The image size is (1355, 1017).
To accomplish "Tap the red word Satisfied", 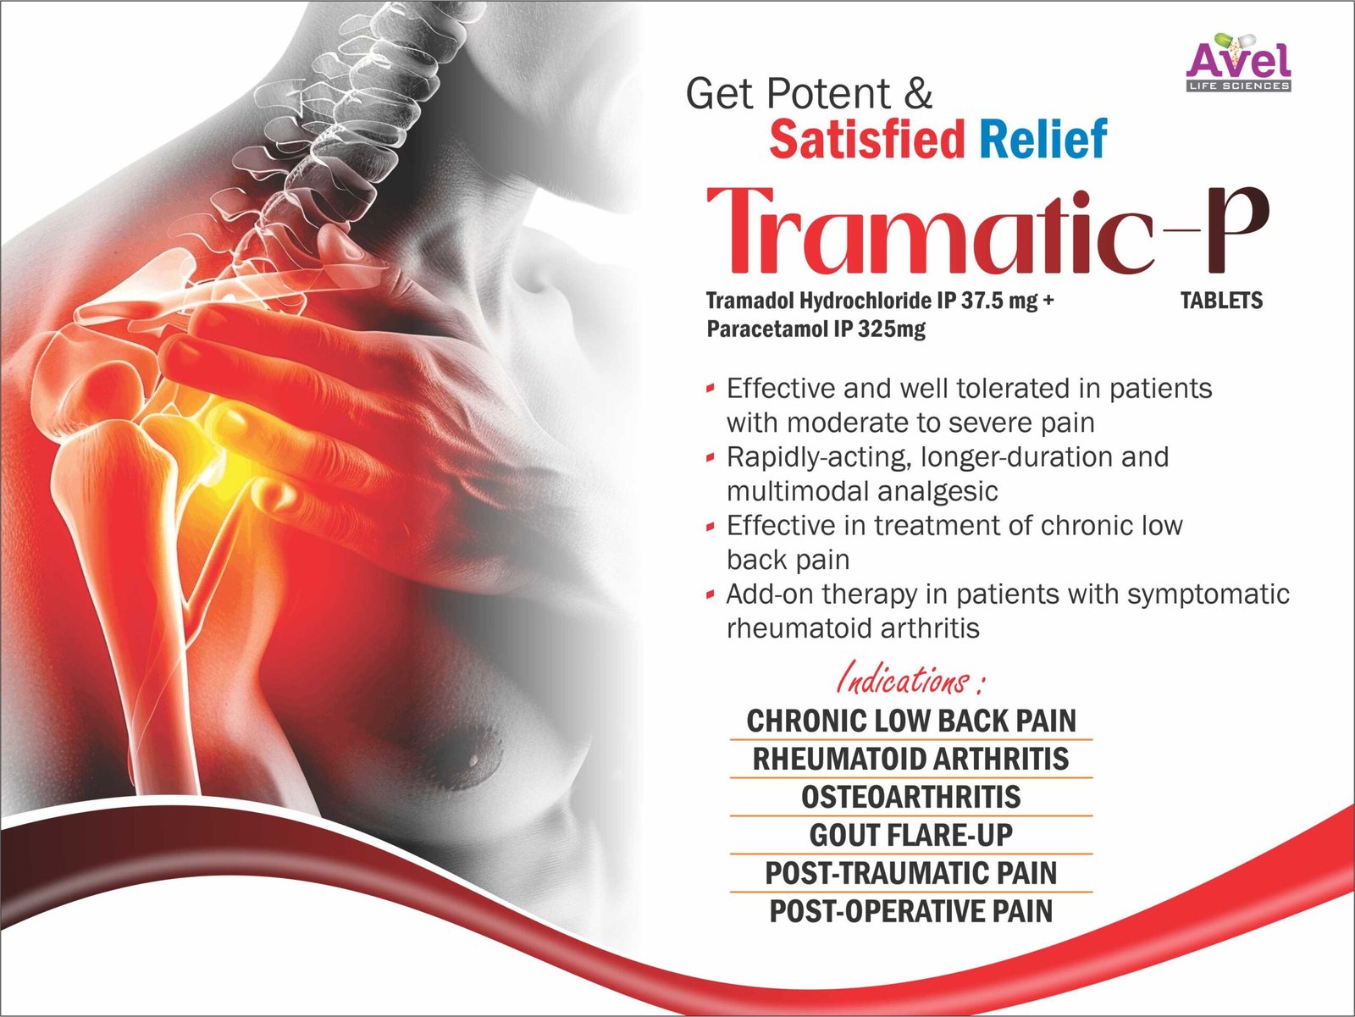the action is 866,140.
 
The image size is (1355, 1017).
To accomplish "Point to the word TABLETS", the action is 1222,301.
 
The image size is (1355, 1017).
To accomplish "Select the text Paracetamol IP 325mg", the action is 816,329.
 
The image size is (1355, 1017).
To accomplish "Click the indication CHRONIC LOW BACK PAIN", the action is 911,721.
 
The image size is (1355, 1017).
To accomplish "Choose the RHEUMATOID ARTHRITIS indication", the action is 911,759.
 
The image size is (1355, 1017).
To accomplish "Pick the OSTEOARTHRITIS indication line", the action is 911,798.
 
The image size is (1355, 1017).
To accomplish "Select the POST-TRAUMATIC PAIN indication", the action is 911,873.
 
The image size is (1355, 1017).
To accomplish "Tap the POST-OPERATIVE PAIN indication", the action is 911,911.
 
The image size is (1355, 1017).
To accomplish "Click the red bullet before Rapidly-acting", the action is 711,458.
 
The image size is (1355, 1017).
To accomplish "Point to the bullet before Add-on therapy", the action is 711,595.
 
